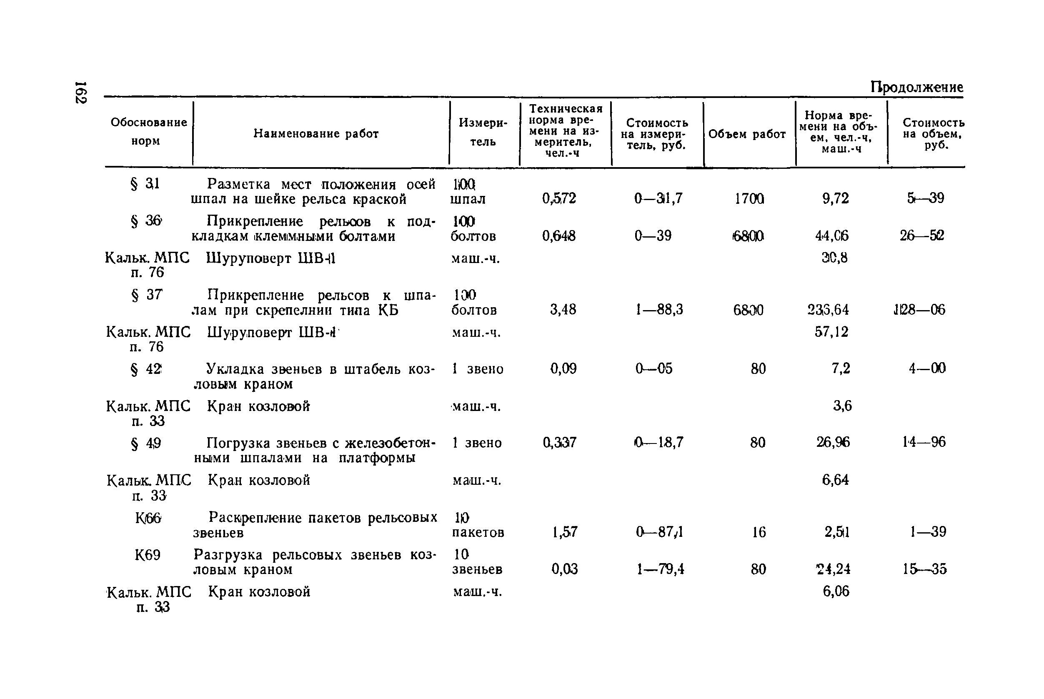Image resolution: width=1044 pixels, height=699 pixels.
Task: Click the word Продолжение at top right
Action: coord(916,87)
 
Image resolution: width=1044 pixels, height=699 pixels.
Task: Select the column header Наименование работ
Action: coord(315,134)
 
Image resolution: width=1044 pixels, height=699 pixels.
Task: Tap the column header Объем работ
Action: coord(747,134)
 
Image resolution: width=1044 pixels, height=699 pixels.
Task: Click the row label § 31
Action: coord(145,184)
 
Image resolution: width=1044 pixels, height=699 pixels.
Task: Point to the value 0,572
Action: coord(559,198)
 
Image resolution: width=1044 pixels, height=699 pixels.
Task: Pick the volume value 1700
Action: coord(749,198)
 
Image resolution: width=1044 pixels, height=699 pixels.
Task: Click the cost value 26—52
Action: coord(922,236)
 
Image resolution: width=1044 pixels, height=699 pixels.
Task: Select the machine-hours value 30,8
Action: coord(834,258)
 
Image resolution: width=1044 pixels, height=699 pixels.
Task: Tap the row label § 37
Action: coord(146,295)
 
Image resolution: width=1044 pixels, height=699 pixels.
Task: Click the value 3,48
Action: coord(563,309)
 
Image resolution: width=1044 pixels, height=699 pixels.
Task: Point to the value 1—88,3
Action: coord(659,309)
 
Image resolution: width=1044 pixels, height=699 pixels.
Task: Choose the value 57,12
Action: coord(831,332)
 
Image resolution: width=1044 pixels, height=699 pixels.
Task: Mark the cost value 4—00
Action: coord(927,368)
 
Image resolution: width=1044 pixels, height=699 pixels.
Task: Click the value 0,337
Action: coord(559,442)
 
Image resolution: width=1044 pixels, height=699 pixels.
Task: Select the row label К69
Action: coord(148,555)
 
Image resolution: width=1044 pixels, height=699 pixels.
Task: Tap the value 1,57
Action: coord(565,532)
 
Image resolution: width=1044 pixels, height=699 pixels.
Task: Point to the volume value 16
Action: coord(759,532)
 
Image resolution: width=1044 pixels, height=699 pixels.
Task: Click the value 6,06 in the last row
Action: coord(836,591)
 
